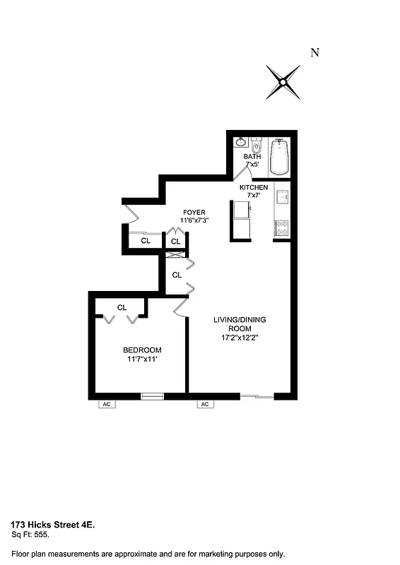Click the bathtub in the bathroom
pyautogui.click(x=280, y=157)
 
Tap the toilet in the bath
pyautogui.click(x=257, y=143)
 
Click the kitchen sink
pyautogui.click(x=281, y=196)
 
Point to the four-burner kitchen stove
pyautogui.click(x=281, y=227)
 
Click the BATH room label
pyautogui.click(x=252, y=157)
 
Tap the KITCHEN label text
pyautogui.click(x=254, y=187)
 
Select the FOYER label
pyautogui.click(x=194, y=212)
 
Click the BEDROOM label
pyautogui.click(x=142, y=350)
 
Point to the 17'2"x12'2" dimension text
pyautogui.click(x=240, y=338)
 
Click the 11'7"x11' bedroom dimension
pyautogui.click(x=142, y=359)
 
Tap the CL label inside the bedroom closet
pyautogui.click(x=122, y=307)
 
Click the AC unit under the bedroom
pyautogui.click(x=107, y=405)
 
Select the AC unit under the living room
pyautogui.click(x=204, y=405)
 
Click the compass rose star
pyautogui.click(x=283, y=82)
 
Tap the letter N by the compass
pyautogui.click(x=315, y=52)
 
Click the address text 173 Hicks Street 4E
pyautogui.click(x=52, y=525)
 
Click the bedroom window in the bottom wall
pyautogui.click(x=152, y=396)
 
